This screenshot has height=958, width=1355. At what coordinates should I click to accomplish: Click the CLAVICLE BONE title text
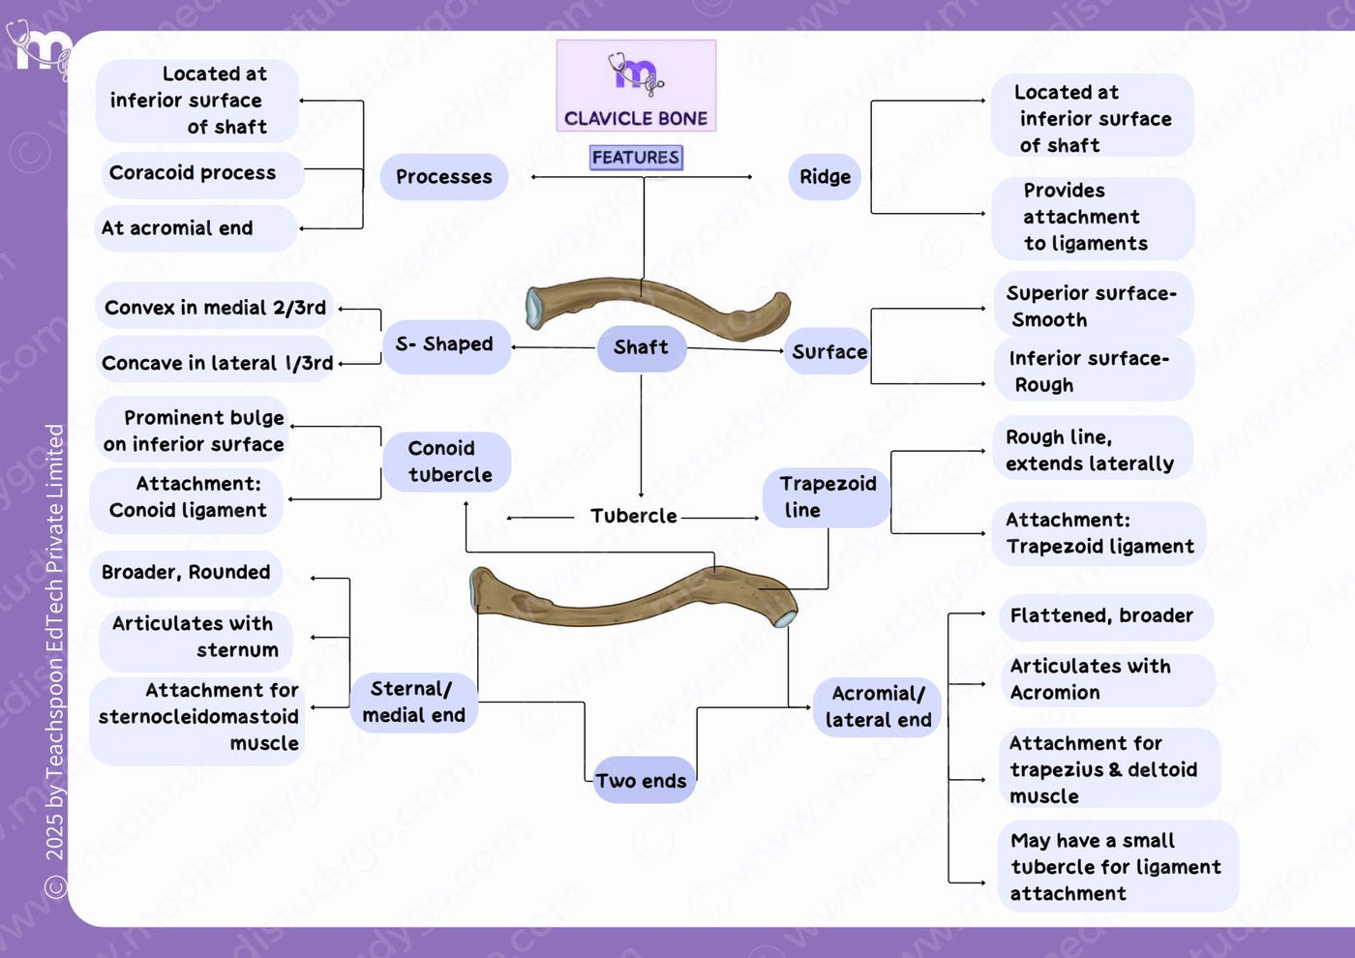pos(636,118)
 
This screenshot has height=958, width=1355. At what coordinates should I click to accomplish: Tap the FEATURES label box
pos(636,157)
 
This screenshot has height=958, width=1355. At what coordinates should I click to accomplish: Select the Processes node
pos(444,176)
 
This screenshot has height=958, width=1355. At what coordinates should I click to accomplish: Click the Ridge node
pos(825,176)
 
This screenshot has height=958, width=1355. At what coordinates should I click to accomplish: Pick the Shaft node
pos(641,347)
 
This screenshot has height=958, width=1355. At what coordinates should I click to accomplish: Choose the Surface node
pos(828,351)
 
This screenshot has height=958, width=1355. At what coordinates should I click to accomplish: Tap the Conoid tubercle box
pos(447,462)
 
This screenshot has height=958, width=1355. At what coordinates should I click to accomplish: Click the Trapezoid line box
pos(827,497)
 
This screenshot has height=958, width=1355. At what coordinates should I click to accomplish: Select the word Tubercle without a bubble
pos(633,516)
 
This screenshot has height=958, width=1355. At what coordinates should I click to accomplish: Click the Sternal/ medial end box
pos(414,703)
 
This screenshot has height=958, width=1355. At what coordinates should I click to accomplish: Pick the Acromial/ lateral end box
pos(877,707)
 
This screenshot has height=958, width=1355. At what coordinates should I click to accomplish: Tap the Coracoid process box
pos(203,175)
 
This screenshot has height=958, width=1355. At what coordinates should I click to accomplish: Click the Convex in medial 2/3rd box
pos(214,307)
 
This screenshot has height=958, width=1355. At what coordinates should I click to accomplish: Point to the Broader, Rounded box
pos(186,573)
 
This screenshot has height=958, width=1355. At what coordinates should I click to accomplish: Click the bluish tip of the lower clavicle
pos(786,618)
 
